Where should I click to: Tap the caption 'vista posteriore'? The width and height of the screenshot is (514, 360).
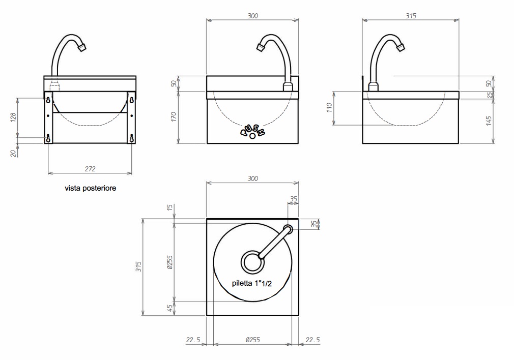pos(90,188)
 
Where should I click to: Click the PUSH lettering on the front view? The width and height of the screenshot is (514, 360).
pos(252,132)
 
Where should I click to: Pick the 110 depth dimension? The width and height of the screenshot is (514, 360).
pos(329,108)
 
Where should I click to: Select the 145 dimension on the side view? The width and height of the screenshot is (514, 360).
pos(489,121)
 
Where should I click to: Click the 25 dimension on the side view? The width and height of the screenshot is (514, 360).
pos(489,95)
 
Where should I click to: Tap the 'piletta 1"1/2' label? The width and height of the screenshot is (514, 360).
pos(251,284)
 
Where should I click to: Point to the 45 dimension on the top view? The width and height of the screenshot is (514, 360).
pos(170,308)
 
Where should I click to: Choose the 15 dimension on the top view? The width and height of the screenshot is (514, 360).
pos(170,207)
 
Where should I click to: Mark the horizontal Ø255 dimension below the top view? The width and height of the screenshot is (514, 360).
pos(252,340)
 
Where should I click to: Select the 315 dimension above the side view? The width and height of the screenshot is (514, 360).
pos(410,16)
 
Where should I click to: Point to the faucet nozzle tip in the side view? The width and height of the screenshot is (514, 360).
pos(402,47)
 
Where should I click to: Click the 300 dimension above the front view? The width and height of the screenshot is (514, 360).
pos(252,16)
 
